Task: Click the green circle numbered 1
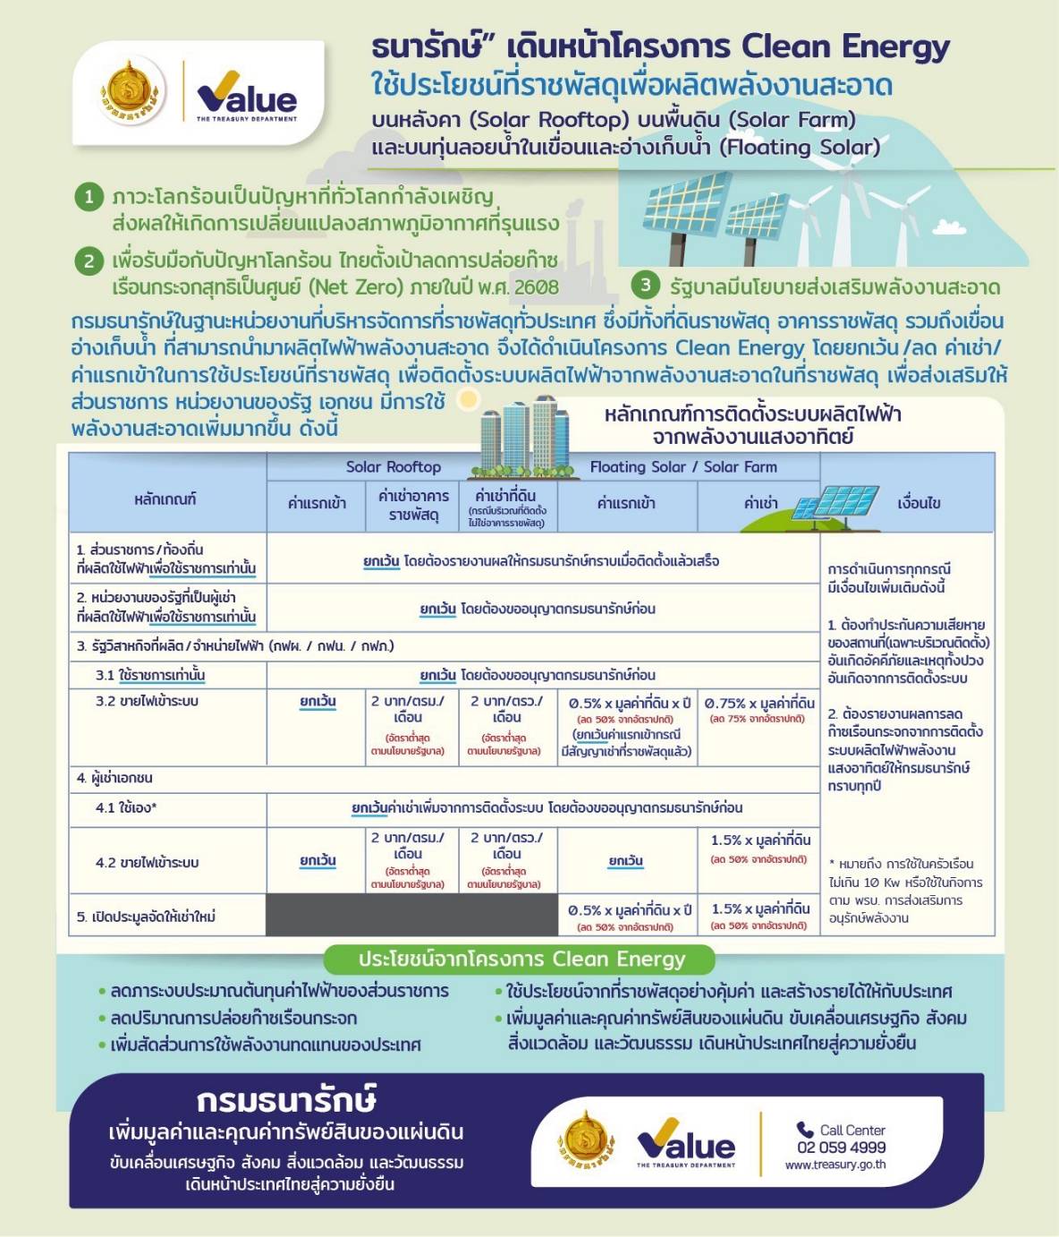pos(89,196)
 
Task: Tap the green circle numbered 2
pos(89,261)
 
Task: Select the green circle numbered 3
pos(645,286)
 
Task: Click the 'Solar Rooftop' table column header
pos(394,467)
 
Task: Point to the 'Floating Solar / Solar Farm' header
pos(683,467)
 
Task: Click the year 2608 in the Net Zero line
pos(536,287)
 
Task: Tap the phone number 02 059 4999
pos(841,1147)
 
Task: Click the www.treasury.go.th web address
pos(835,1164)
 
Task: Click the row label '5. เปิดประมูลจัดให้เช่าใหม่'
pos(146,917)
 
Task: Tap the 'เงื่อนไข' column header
pos(919,503)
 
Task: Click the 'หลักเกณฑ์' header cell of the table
pos(165,499)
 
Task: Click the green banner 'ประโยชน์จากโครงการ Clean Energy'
pos(521,959)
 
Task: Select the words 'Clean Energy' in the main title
pos(845,47)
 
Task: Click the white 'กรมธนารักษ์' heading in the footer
pos(285,1100)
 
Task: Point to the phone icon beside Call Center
pos(805,1130)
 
